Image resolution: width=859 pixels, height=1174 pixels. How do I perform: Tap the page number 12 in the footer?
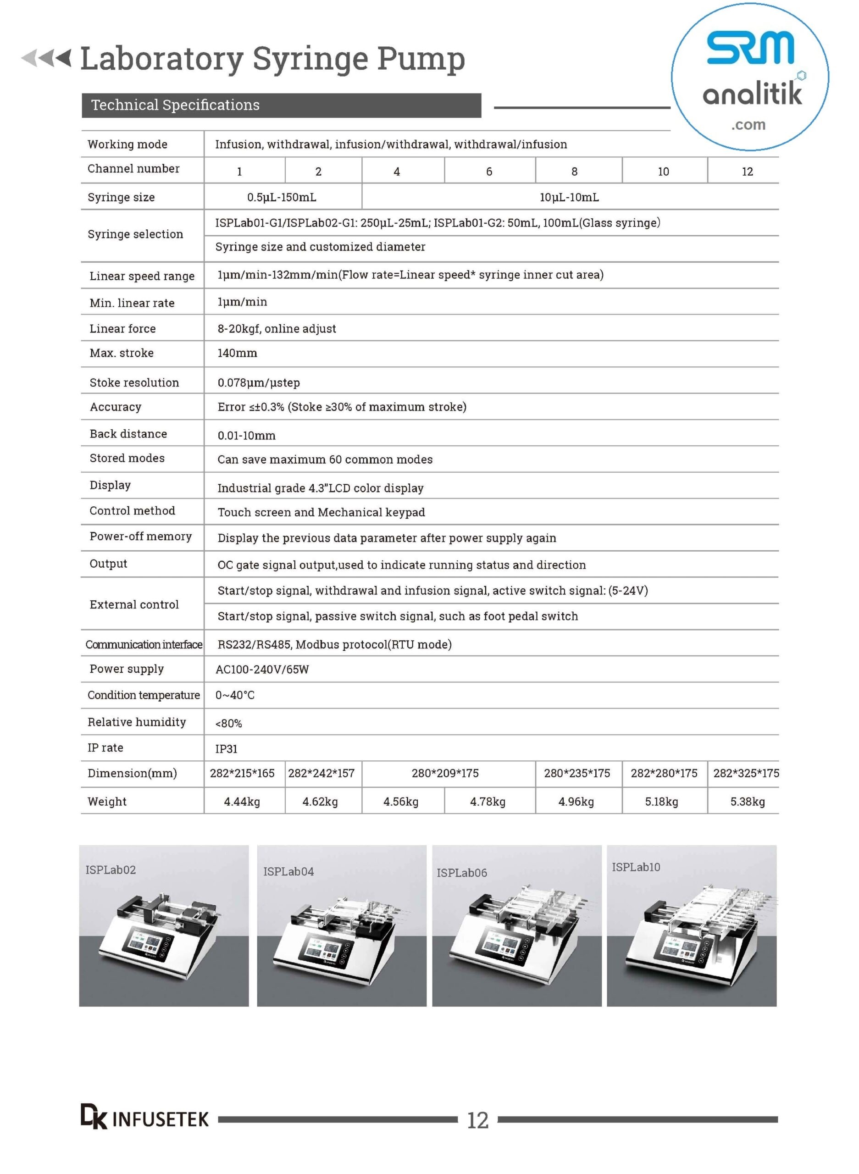477,1120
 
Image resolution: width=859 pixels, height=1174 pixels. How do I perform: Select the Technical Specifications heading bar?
281,105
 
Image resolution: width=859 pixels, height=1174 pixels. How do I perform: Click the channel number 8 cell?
574,172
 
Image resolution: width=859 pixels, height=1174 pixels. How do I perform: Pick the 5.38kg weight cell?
747,801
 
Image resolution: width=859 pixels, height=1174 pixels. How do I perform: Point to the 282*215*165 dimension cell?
242,773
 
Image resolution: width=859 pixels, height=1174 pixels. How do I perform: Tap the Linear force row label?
123,329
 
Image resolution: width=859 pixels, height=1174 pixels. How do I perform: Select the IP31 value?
226,749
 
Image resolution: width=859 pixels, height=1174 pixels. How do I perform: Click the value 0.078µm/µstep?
258,382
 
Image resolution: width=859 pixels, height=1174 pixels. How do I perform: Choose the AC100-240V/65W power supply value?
262,670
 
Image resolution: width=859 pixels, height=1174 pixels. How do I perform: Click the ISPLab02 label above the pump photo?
111,870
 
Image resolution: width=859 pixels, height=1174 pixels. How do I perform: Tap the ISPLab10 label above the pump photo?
635,867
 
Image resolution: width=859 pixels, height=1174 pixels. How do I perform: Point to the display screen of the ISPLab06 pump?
498,941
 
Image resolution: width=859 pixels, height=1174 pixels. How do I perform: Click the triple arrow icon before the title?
46,58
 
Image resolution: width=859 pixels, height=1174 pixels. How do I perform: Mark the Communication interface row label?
144,645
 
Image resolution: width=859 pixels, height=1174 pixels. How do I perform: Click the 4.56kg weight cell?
400,801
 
